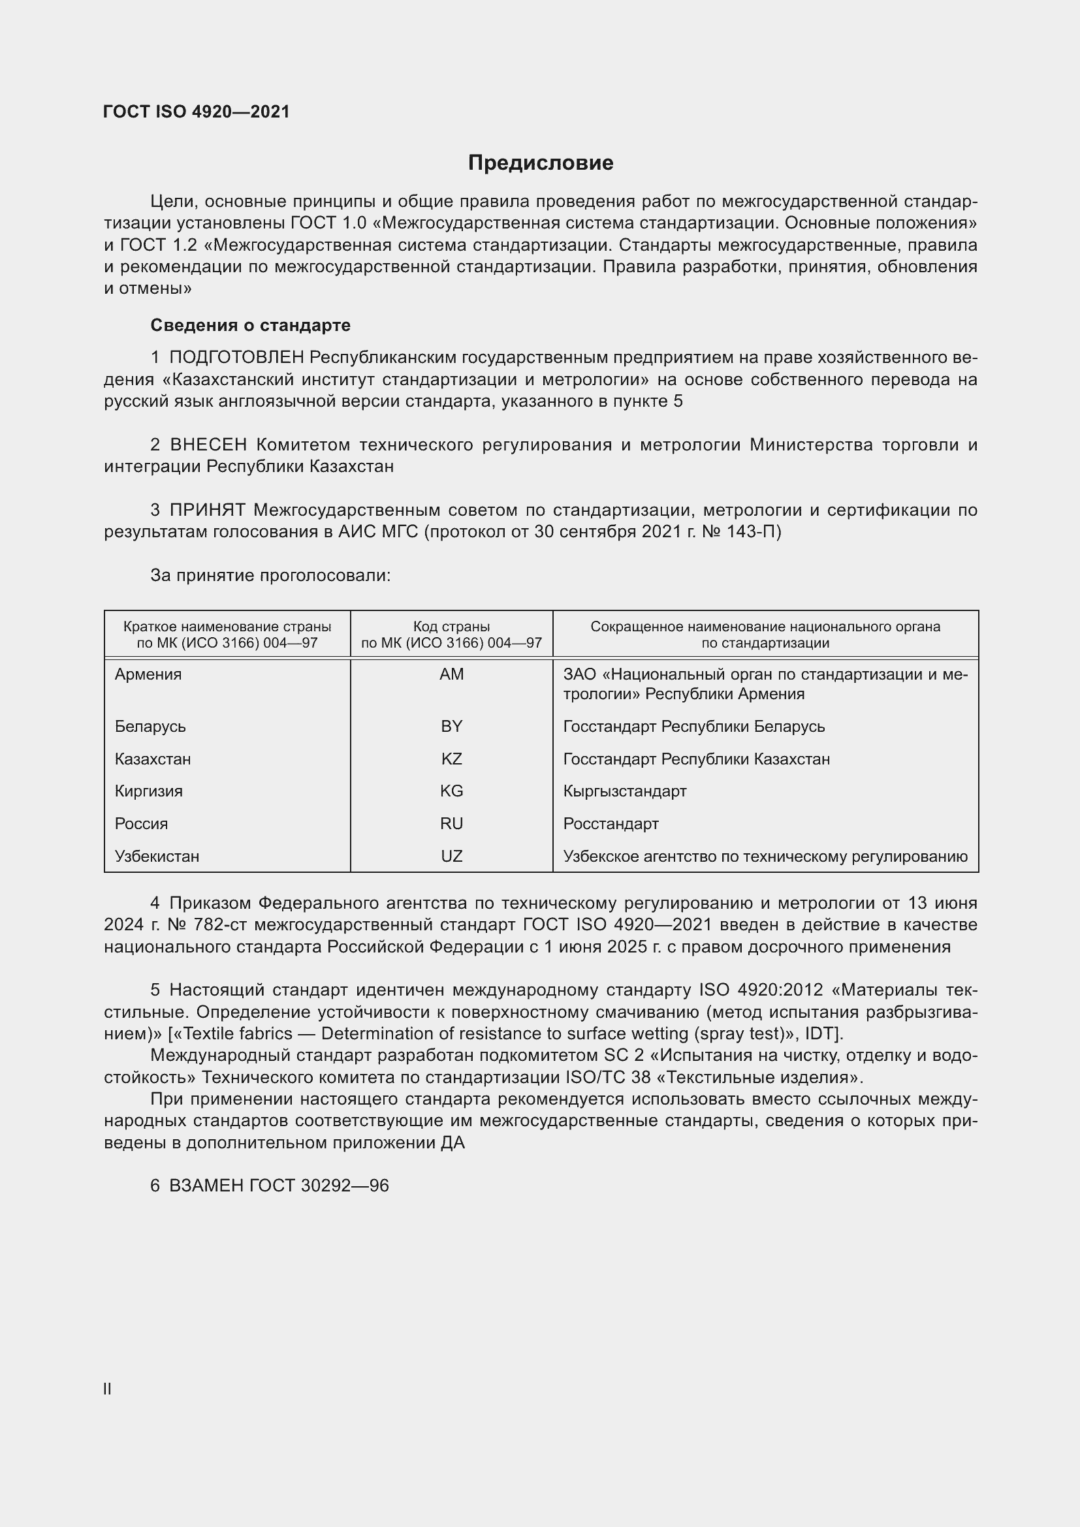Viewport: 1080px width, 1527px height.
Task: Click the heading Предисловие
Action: pos(540,163)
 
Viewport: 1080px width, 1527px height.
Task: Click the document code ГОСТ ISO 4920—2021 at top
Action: pos(196,112)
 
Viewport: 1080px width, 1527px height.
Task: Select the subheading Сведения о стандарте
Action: pos(250,325)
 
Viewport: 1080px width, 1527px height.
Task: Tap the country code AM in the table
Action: pos(452,674)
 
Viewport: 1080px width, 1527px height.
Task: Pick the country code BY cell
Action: pos(452,726)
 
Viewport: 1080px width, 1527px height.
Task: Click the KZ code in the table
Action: pos(452,759)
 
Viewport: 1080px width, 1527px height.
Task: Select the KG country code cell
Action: pos(452,791)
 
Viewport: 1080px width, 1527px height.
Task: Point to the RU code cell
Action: pos(452,823)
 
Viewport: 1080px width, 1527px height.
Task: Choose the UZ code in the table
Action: pos(452,856)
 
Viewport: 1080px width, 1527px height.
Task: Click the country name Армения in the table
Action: pos(148,674)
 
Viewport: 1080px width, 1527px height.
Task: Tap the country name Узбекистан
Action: pos(157,856)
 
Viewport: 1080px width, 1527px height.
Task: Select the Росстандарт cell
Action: pos(611,823)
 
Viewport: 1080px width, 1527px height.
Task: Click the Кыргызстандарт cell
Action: pos(624,791)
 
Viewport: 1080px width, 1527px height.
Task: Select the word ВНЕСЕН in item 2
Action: pos(208,445)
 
